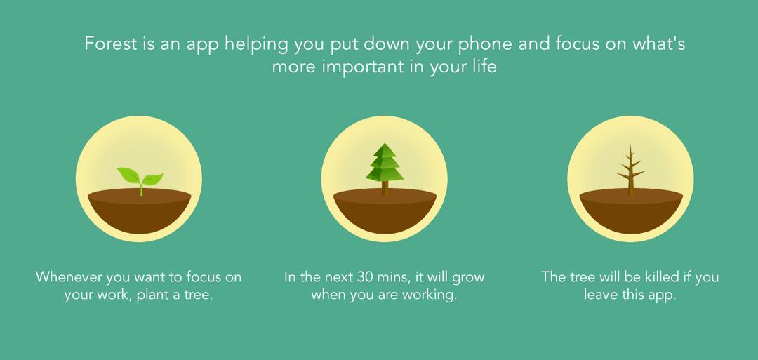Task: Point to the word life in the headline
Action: (486, 65)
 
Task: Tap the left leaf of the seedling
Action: (128, 175)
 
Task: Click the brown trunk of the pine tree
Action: (385, 188)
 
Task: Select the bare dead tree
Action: (630, 170)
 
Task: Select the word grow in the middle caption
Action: (468, 279)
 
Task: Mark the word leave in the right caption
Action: (600, 295)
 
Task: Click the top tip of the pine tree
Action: (385, 144)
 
